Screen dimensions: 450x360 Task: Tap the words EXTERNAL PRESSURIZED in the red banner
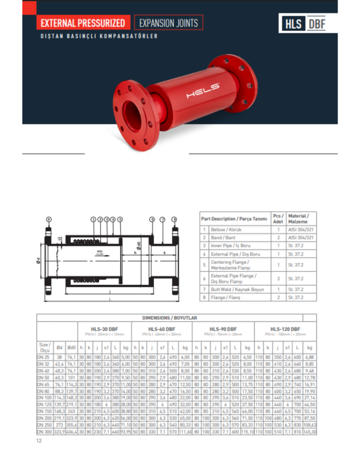click(82, 23)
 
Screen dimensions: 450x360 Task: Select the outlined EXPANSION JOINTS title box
click(168, 22)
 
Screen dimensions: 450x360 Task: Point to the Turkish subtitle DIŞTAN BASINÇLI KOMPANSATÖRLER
click(98, 37)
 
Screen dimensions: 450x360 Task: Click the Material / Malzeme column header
click(298, 218)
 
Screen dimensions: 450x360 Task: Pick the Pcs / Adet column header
click(278, 218)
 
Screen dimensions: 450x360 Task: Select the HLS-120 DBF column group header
click(285, 329)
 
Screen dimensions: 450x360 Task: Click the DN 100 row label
click(45, 397)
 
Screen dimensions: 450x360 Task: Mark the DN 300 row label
click(45, 431)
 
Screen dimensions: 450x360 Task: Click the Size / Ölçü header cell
click(45, 347)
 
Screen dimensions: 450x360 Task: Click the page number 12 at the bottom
click(39, 441)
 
